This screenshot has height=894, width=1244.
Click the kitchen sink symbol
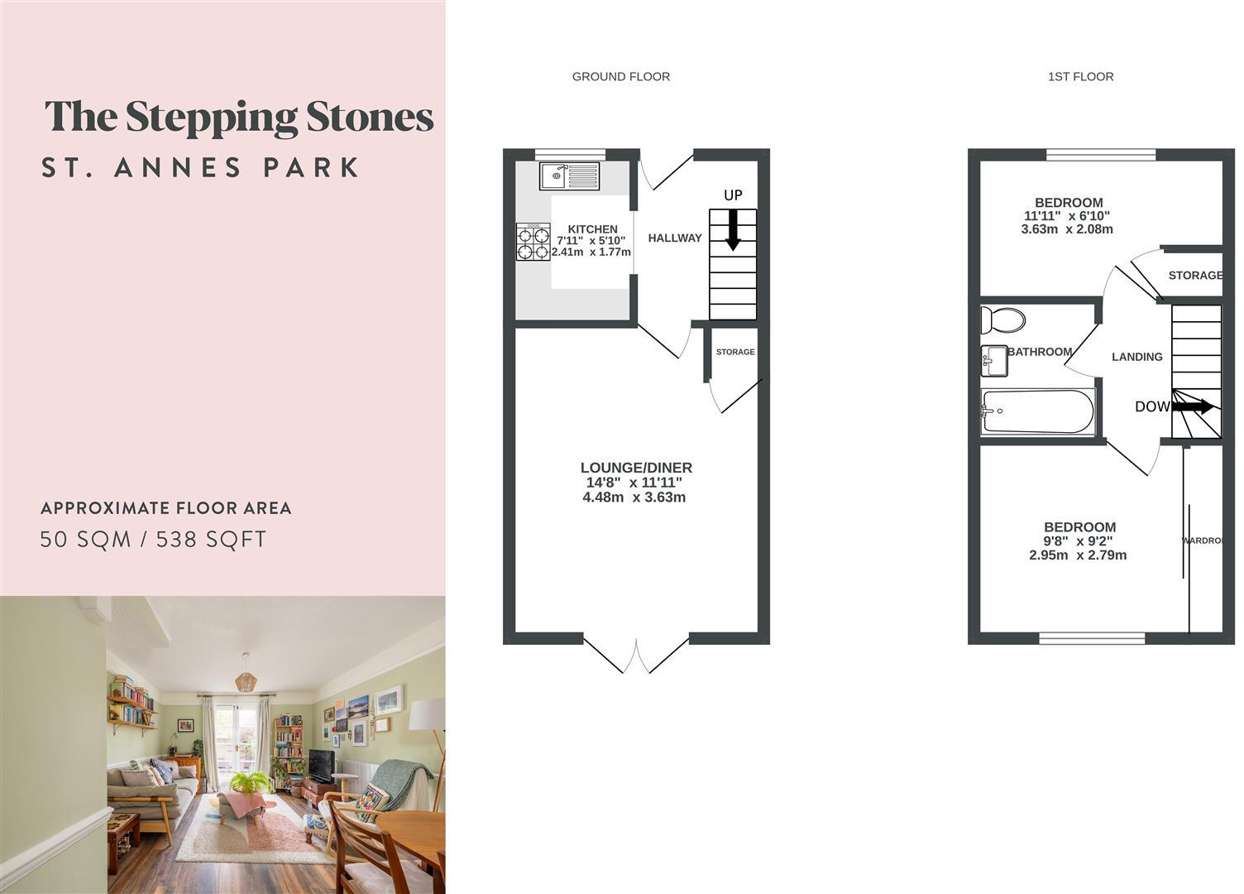569,175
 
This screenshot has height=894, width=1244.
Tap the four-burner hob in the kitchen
533,243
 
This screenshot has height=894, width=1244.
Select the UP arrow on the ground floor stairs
733,229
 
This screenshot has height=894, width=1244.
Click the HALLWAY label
675,238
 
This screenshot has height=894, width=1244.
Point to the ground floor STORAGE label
735,352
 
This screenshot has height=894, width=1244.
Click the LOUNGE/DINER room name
636,468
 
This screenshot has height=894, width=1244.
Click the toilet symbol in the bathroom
1002,320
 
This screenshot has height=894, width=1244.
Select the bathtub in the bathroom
1037,411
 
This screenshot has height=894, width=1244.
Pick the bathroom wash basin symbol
993,360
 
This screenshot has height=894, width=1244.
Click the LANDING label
1136,357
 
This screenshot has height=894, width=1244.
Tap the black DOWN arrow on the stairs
1194,406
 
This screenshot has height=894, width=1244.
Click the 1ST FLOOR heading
1080,77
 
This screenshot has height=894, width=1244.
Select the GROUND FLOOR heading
621,77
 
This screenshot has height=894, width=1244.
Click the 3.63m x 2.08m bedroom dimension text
1067,229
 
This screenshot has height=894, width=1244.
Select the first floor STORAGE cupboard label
1194,276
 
